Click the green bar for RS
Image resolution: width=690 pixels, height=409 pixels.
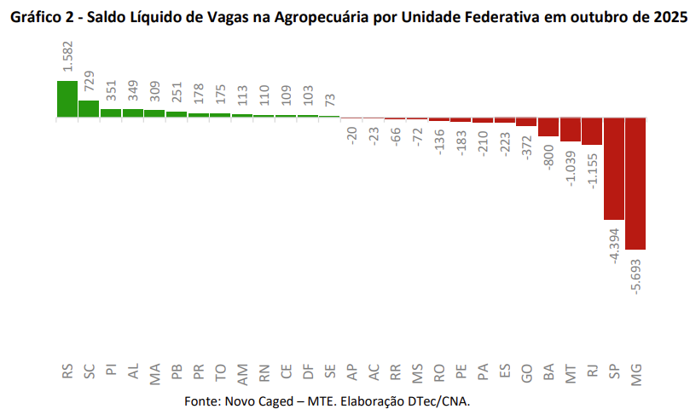[67, 99]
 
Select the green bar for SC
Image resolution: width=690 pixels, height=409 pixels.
[89, 108]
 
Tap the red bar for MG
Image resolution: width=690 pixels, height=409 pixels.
[635, 183]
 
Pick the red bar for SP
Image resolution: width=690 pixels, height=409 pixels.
[614, 169]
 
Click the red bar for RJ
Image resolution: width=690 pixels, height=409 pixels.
[592, 131]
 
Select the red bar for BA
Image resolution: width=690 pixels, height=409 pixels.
[548, 127]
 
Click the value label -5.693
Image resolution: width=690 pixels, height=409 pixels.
[636, 273]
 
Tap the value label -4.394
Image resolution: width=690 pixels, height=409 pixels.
[614, 244]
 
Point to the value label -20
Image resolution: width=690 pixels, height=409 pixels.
[351, 135]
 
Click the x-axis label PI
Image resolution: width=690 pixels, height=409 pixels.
[111, 372]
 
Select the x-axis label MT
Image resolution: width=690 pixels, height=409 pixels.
[571, 372]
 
